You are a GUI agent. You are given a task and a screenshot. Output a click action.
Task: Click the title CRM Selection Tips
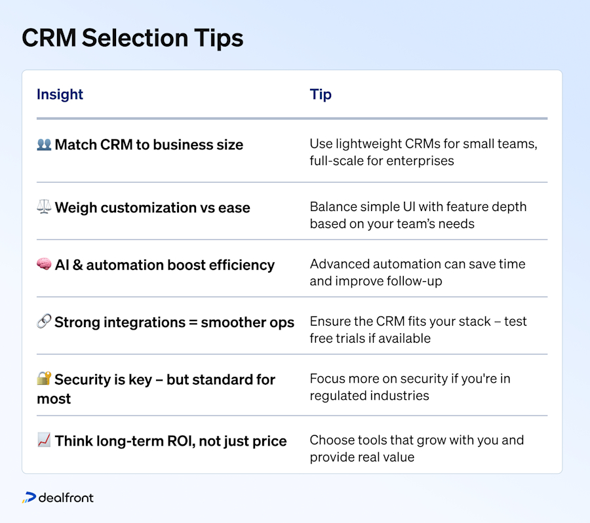click(x=132, y=39)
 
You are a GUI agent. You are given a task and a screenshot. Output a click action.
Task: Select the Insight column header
click(x=60, y=94)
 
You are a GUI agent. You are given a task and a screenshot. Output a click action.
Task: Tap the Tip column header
click(x=321, y=94)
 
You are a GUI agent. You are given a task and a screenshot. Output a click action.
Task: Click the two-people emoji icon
click(x=44, y=145)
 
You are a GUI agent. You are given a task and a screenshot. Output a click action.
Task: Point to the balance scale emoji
click(x=44, y=208)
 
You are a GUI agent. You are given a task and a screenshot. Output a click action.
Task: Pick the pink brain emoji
click(x=44, y=265)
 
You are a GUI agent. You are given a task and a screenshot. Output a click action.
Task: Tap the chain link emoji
click(x=44, y=322)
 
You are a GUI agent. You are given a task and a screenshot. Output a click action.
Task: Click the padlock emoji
click(x=44, y=379)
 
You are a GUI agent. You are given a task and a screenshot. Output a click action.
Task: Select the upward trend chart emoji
click(x=44, y=441)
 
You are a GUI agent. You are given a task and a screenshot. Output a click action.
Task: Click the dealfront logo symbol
click(x=29, y=498)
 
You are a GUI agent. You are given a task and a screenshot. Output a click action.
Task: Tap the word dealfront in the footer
click(x=66, y=498)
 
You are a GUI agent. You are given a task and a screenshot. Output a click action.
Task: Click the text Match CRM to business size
click(x=149, y=145)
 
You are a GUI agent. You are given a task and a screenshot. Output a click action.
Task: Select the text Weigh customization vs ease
click(x=152, y=208)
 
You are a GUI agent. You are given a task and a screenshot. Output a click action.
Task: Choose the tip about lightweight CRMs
click(x=423, y=152)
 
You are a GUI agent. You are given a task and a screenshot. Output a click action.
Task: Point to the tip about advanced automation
click(x=418, y=273)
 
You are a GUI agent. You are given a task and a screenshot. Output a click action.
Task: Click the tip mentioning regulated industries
click(x=410, y=387)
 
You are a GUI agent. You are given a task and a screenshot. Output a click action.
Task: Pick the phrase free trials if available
click(x=370, y=338)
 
